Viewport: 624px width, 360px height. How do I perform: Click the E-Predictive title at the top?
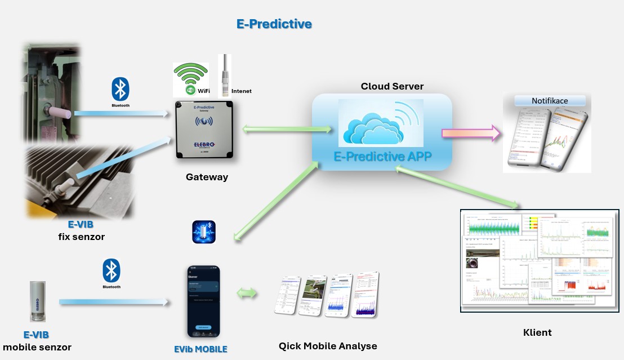(x=274, y=24)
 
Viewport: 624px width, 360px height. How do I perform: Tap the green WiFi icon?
(x=190, y=79)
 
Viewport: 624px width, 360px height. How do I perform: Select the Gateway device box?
(x=204, y=130)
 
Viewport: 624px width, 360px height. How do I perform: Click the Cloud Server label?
(x=392, y=86)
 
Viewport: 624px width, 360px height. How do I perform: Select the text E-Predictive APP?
(x=383, y=157)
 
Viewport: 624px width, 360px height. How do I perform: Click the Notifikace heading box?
(x=550, y=101)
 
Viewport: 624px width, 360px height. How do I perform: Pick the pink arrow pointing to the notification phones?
(x=471, y=134)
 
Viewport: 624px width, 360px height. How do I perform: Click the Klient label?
(x=537, y=332)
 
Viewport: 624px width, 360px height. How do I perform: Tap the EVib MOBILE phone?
(x=203, y=301)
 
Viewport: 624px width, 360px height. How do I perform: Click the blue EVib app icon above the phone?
(x=203, y=232)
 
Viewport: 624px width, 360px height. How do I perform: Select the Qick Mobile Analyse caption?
(x=328, y=346)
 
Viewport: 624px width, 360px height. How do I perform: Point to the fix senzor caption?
(x=81, y=237)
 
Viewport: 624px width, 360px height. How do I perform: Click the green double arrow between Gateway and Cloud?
(x=287, y=130)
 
